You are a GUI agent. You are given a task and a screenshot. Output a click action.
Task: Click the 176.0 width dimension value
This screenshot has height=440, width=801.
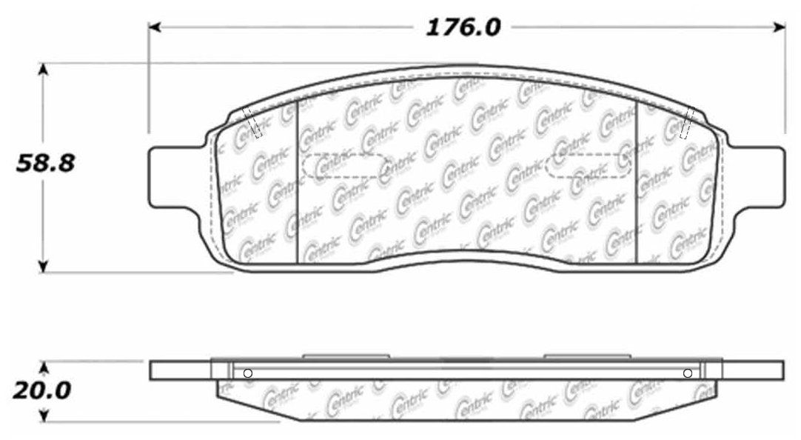point(463,27)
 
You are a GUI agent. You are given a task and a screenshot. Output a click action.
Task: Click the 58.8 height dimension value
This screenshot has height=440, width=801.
point(45,164)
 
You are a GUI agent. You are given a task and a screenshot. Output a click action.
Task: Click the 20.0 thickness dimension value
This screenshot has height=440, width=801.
point(41,391)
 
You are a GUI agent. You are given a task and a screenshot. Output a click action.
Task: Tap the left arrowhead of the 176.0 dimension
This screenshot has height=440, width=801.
point(155,27)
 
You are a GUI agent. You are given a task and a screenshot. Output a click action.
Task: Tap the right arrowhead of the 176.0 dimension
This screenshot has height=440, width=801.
point(780,27)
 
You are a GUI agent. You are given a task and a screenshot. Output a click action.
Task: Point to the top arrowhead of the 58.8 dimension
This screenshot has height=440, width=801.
point(44,70)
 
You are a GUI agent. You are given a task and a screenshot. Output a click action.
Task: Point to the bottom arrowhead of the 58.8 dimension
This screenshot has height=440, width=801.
point(44,266)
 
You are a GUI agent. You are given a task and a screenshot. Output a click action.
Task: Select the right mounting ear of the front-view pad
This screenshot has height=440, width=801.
point(756,176)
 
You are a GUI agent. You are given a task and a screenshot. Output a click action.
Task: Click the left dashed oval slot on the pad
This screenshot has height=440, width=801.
point(345,166)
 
